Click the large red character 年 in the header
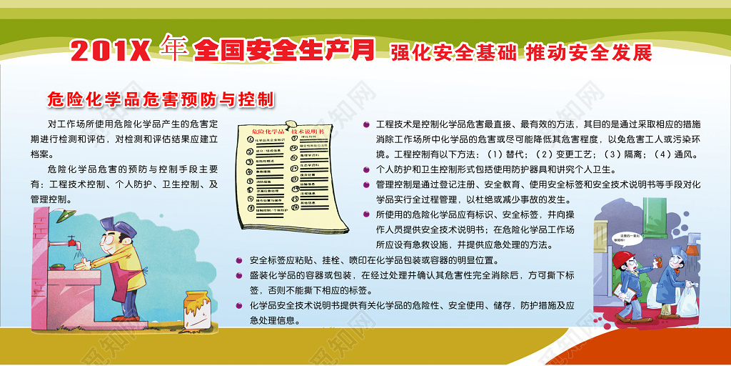click(x=173, y=49)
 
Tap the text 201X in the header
click(x=111, y=51)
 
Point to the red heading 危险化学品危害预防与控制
click(x=161, y=98)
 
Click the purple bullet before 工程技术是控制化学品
click(x=366, y=124)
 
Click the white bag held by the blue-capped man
click(x=687, y=300)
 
